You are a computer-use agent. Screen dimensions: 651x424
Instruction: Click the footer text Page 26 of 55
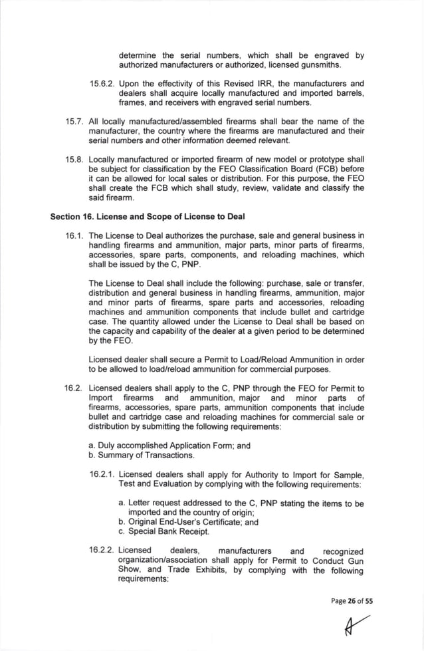click(x=352, y=600)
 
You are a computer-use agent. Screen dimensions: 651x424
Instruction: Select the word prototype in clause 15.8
click(x=328, y=160)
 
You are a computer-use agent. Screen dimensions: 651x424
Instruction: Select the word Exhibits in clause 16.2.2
click(x=203, y=570)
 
